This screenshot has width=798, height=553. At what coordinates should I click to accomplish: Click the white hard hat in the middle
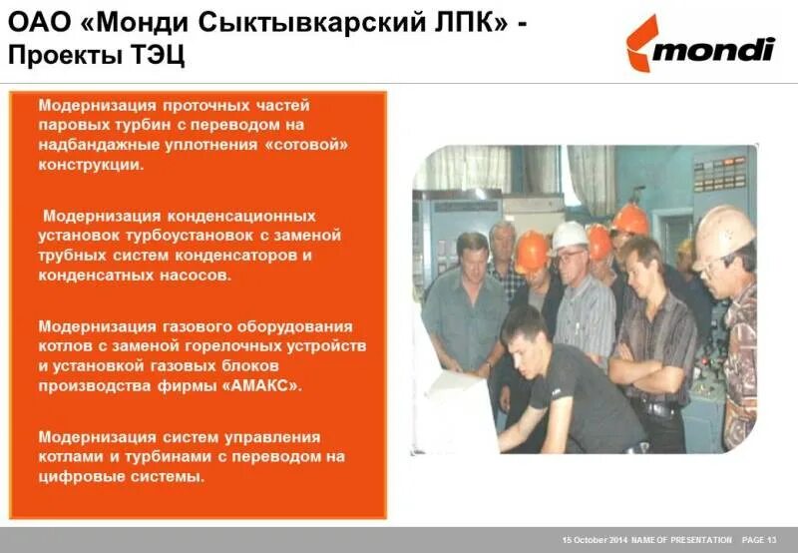[570, 235]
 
